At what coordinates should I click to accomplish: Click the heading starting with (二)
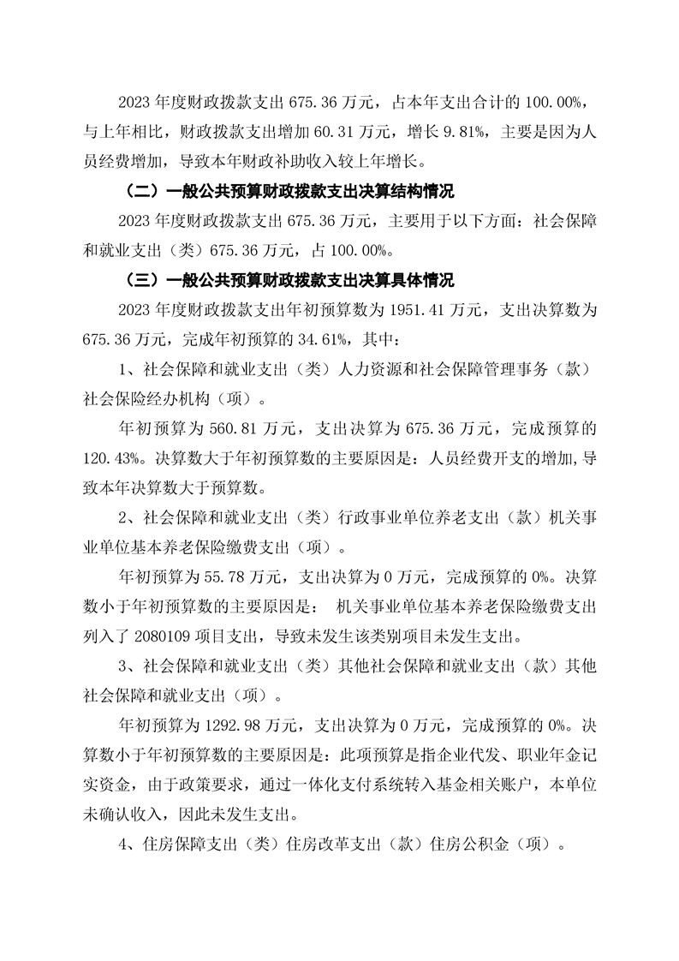[289, 190]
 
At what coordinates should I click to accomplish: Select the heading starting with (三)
[289, 280]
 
